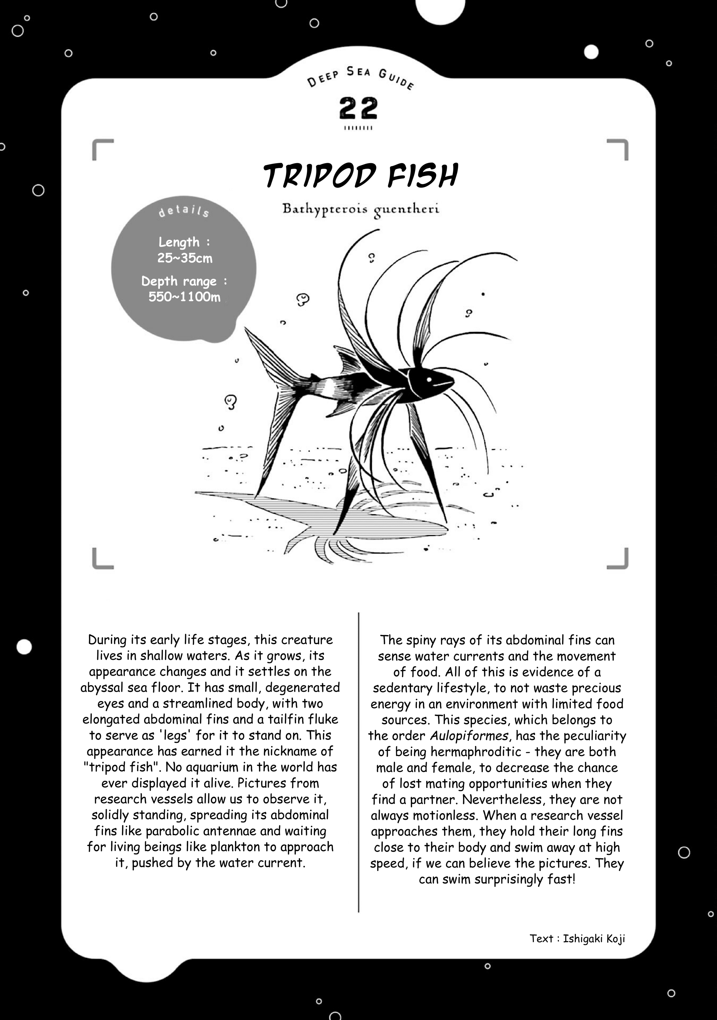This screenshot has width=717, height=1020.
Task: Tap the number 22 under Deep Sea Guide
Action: (358, 108)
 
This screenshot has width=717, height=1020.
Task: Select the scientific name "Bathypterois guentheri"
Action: (361, 209)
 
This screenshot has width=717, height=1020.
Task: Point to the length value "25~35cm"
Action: (185, 258)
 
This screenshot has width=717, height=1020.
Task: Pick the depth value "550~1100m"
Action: (184, 297)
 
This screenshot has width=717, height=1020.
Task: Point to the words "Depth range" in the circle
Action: (179, 281)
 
